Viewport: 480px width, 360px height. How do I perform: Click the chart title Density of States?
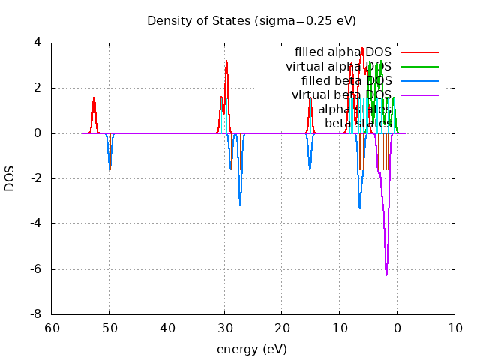point(251,20)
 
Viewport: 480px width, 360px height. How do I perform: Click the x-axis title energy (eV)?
point(252,349)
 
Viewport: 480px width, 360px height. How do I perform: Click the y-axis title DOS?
point(10,178)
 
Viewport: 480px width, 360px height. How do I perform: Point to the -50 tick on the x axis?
point(109,328)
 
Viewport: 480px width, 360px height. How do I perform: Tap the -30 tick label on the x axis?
point(224,328)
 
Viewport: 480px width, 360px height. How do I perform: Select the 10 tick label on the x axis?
point(454,328)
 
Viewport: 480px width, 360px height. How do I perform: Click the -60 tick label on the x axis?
point(52,328)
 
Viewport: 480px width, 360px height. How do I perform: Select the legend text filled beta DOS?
point(346,81)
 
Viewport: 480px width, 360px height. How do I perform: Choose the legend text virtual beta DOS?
point(342,95)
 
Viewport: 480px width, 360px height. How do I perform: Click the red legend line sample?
point(419,52)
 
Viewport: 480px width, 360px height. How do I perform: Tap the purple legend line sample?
point(419,95)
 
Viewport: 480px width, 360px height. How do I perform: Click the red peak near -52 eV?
point(94,97)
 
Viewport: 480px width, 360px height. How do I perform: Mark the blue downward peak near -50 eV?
point(109,169)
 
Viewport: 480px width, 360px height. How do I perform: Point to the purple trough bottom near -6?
point(387,275)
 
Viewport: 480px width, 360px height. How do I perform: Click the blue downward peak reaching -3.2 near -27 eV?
point(240,205)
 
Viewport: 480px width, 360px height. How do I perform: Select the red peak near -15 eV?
point(310,98)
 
